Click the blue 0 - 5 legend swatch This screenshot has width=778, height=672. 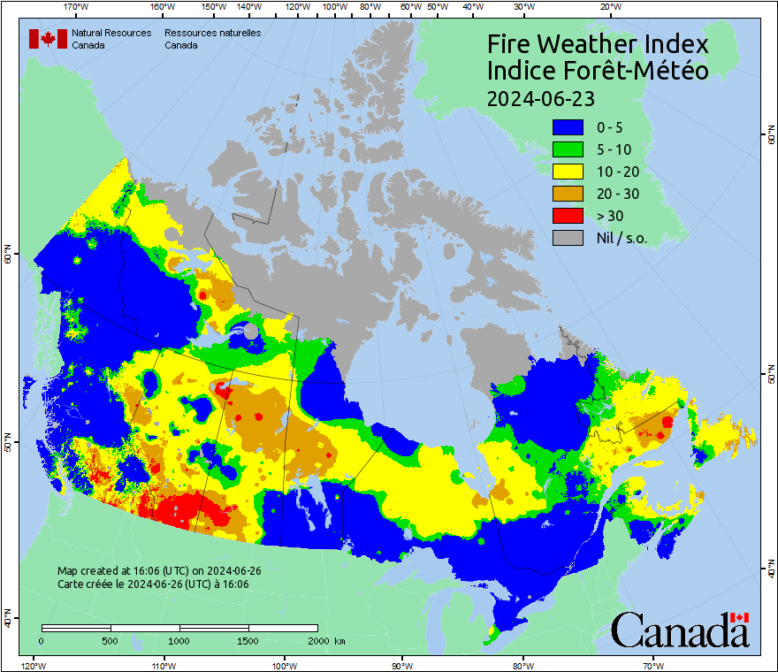coord(568,127)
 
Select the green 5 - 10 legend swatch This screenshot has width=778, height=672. coord(568,149)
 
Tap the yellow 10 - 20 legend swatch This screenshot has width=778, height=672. coord(568,172)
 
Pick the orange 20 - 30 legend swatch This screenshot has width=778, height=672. coord(568,194)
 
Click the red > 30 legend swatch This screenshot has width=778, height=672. coord(568,216)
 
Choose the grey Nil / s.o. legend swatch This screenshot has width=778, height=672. coord(568,238)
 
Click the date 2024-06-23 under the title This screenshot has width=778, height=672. coord(540,97)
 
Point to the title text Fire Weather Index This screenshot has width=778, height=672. coord(598,44)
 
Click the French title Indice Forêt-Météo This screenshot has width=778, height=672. coord(598,71)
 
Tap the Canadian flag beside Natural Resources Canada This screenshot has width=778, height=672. coord(48,39)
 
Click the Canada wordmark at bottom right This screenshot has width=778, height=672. coord(680,630)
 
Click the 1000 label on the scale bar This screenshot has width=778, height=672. coord(179,640)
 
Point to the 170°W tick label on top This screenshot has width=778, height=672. coord(77,7)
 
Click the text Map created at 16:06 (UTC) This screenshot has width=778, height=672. coord(159,571)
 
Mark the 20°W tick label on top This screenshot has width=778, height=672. coord(609,7)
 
